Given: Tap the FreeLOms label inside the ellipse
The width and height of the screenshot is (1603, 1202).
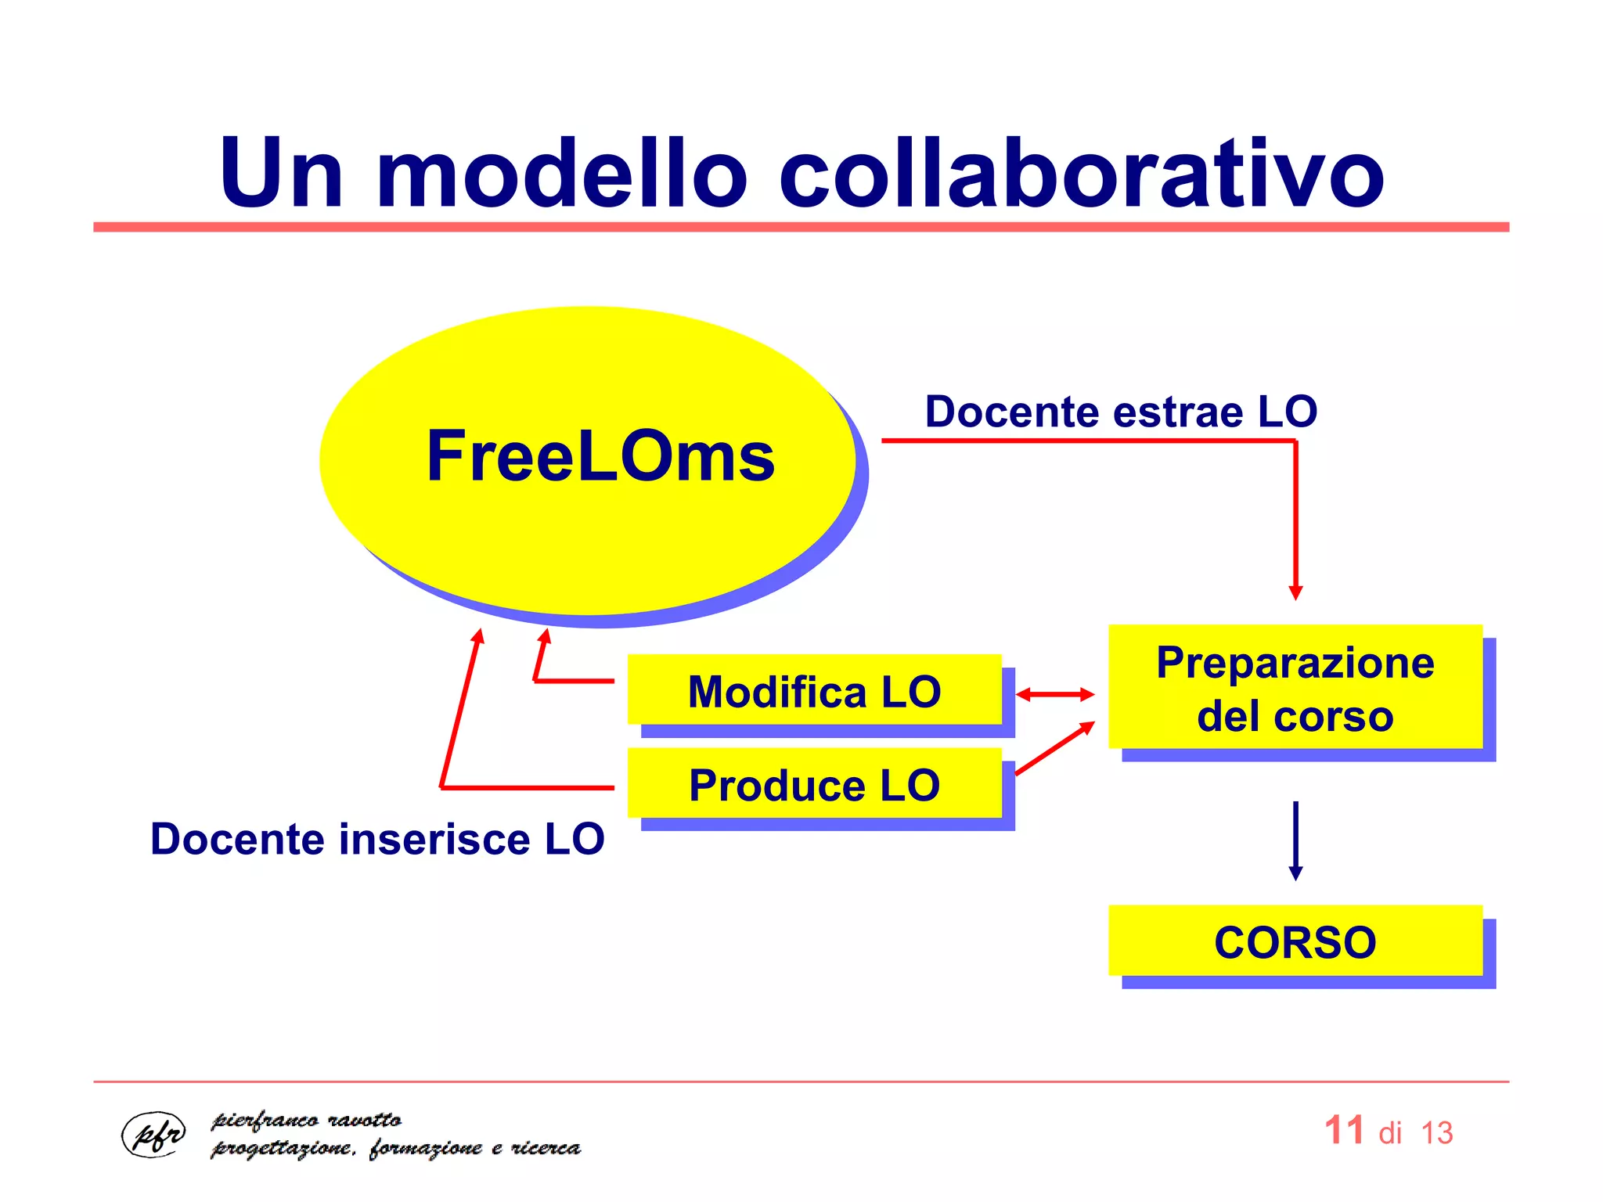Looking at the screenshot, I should coord(600,457).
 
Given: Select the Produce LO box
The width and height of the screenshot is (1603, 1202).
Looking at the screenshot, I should coord(814,785).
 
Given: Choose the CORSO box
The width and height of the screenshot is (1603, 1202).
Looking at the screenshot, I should coord(1295,941).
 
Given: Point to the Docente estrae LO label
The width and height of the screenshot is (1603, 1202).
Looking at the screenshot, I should coord(1121,412).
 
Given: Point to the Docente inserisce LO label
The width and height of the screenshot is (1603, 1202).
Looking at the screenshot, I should coord(377,839).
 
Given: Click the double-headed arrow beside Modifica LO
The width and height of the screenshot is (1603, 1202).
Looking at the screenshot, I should coord(1055,694).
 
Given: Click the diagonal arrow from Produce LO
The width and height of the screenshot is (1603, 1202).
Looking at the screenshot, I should coord(1055,748).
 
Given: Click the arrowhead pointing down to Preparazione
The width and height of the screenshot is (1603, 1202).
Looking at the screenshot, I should coord(1295,592).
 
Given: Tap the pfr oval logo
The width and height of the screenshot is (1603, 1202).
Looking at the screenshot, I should coord(154,1134).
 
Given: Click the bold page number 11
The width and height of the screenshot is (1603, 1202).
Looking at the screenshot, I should coord(1344,1131).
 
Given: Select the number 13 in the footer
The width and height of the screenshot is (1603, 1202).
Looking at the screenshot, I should coord(1436,1133).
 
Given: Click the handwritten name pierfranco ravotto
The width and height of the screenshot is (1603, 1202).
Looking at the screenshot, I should coord(306,1121).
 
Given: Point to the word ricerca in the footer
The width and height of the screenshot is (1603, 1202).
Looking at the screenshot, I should coord(546,1148).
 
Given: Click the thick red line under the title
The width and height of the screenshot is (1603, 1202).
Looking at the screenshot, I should coord(801,227).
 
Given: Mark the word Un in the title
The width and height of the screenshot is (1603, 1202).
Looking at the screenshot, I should coord(280,173).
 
